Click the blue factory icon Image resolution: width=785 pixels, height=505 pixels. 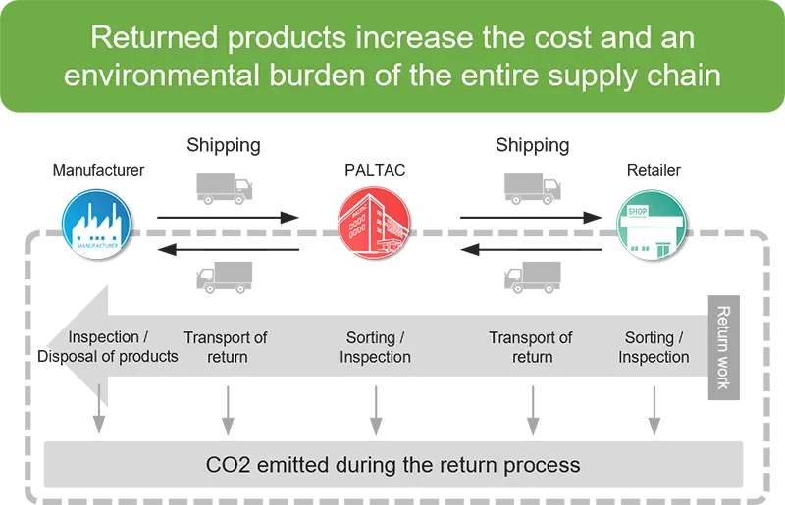click(x=97, y=221)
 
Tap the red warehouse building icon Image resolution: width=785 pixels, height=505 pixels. click(x=375, y=221)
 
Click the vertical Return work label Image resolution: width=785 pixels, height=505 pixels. click(x=723, y=347)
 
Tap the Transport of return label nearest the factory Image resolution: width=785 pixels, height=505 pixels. click(x=226, y=347)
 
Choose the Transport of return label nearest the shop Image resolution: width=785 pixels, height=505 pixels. click(x=530, y=347)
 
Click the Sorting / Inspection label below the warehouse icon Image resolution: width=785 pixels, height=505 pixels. click(x=375, y=347)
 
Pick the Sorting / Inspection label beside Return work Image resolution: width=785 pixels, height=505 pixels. click(x=654, y=347)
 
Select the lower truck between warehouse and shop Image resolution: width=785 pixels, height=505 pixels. click(x=531, y=278)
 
